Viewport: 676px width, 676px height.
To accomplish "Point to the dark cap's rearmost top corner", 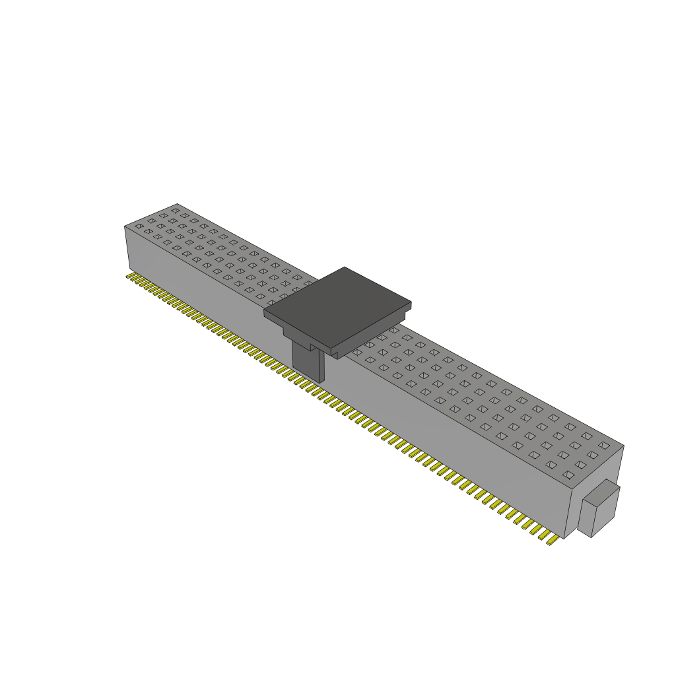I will (344, 267).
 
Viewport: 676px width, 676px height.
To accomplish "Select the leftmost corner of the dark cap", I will (265, 312).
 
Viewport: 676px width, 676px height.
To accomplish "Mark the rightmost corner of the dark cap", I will (411, 304).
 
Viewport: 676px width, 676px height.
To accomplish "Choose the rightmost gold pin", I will (552, 541).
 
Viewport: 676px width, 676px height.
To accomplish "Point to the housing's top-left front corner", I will (125, 226).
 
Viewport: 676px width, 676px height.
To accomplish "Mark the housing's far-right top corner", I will (623, 446).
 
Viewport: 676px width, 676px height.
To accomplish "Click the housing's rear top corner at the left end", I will (177, 204).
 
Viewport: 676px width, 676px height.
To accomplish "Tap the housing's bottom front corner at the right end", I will (564, 538).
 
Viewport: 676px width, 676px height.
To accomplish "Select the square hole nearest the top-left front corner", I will (139, 226).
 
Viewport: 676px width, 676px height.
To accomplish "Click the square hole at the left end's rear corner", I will (175, 210).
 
